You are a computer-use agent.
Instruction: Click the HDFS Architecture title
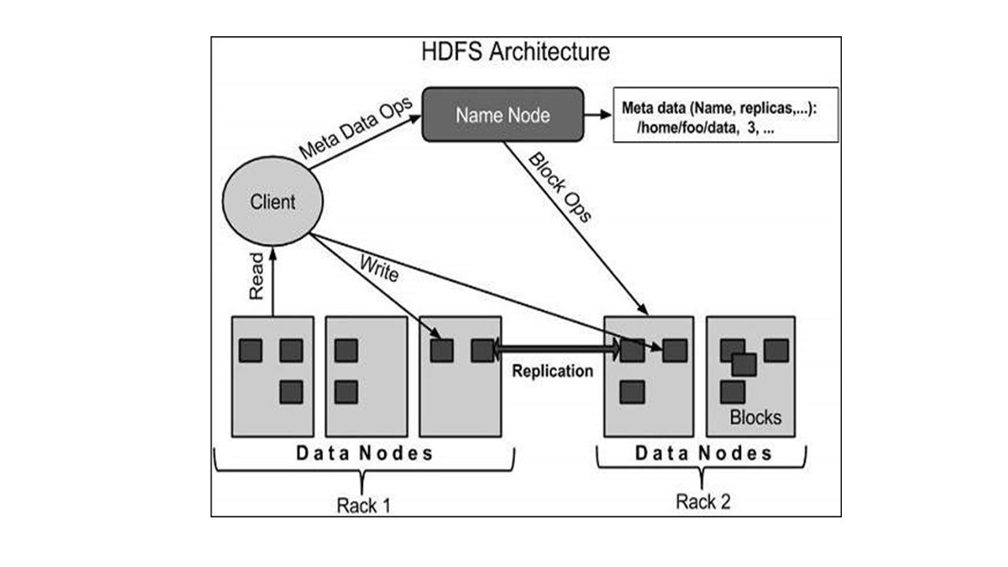[516, 53]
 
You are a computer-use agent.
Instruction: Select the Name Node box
[503, 115]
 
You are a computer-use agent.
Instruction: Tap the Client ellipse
[272, 202]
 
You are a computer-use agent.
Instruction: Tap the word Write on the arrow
[380, 268]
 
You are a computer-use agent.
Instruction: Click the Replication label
[552, 371]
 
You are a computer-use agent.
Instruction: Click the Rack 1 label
[363, 505]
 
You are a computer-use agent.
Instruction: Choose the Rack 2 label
[702, 502]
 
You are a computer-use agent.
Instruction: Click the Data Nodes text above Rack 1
[364, 454]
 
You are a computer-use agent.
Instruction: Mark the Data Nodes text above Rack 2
[703, 454]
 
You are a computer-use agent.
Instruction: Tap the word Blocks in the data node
[755, 417]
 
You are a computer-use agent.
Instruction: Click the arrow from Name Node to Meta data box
[598, 115]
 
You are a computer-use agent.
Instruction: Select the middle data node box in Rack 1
[366, 376]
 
